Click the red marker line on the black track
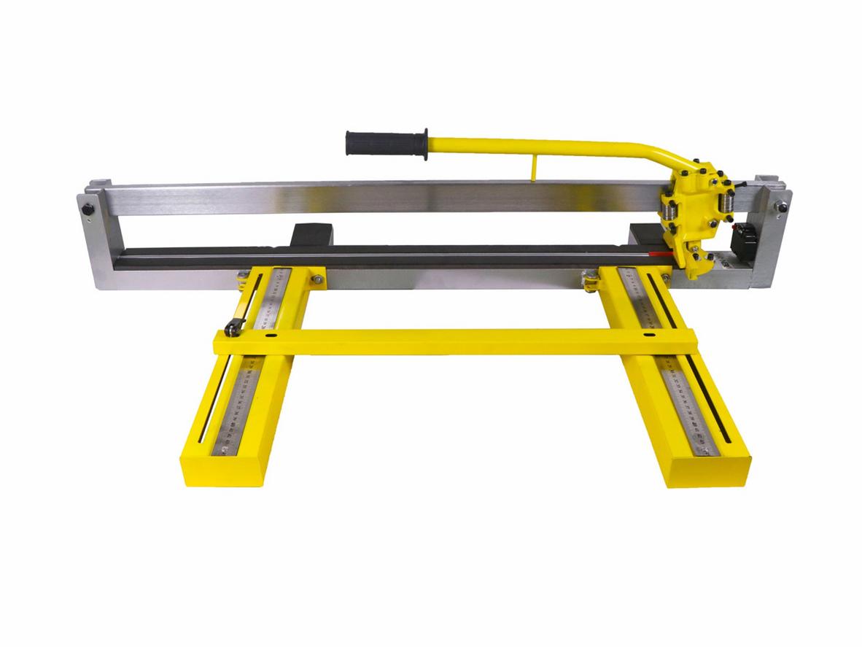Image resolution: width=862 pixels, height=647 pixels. tap(658, 255)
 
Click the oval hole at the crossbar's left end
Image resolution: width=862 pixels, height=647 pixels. tap(271, 337)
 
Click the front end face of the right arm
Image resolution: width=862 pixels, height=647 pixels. tap(707, 473)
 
